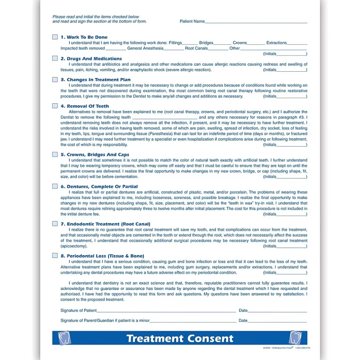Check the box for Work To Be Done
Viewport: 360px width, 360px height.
pos(55,37)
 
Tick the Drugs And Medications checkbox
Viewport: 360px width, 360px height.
pos(55,59)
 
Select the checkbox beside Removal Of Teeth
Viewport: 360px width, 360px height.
pos(55,106)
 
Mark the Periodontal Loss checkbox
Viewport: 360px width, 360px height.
pos(55,255)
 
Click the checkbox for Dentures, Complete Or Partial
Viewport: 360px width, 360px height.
pos(55,186)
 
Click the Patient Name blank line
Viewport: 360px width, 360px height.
pos(256,22)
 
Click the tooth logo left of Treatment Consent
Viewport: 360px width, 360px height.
pos(64,338)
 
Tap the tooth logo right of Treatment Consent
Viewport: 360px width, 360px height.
pos(295,338)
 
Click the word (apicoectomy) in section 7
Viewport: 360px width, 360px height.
pos(74,246)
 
